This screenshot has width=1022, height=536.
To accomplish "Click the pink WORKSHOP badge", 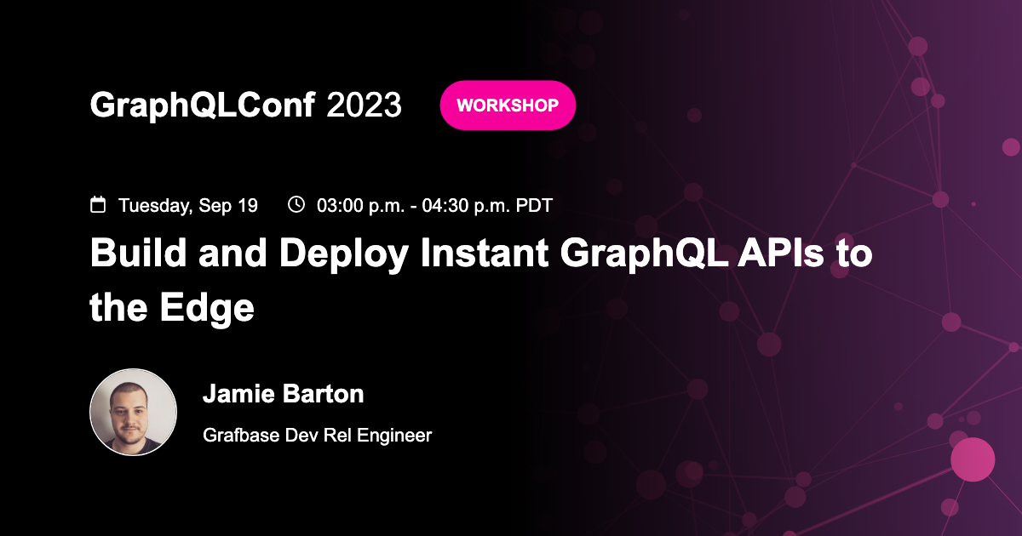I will pyautogui.click(x=508, y=105).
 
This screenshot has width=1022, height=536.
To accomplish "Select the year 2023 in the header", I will pyautogui.click(x=364, y=105).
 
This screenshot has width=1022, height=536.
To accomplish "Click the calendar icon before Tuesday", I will pyautogui.click(x=99, y=205).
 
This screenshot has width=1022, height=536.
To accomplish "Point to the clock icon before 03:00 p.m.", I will pyautogui.click(x=296, y=205).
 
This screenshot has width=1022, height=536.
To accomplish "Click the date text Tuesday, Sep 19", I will pyautogui.click(x=188, y=206).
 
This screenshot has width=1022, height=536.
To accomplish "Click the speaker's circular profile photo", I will pyautogui.click(x=134, y=412).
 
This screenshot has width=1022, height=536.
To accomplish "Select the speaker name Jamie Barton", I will pyautogui.click(x=284, y=394).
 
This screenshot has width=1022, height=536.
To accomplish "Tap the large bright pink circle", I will pyautogui.click(x=973, y=459).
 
